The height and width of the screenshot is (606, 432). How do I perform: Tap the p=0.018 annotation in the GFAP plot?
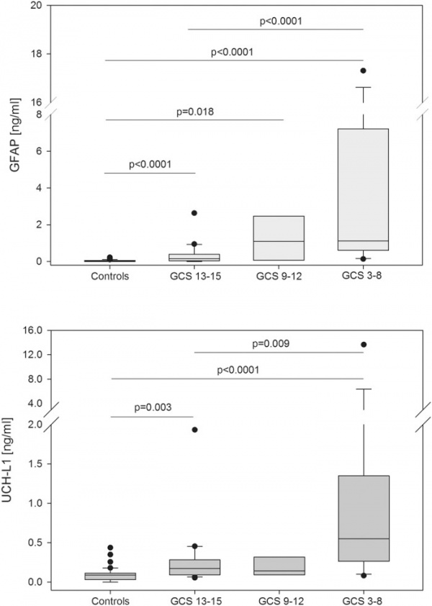pyautogui.click(x=194, y=112)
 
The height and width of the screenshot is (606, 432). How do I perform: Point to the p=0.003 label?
pyautogui.click(x=153, y=407)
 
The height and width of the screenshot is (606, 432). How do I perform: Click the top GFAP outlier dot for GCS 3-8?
pyautogui.click(x=363, y=71)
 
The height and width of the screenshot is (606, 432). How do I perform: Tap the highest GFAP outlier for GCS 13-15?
pyautogui.click(x=194, y=213)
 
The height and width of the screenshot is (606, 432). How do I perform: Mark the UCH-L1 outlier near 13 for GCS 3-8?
pyautogui.click(x=363, y=345)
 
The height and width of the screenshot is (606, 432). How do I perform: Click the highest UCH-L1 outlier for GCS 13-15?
pyautogui.click(x=194, y=430)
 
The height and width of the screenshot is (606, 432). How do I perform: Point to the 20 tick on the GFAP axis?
pyautogui.click(x=35, y=6)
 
